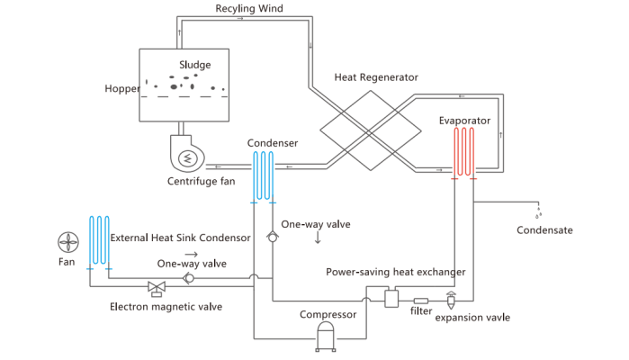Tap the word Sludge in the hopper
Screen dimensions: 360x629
[x=194, y=65]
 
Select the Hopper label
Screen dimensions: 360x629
[x=121, y=88]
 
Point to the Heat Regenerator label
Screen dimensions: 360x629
[x=375, y=77]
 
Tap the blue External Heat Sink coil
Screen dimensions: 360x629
[x=98, y=241]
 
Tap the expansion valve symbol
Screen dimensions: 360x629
[x=451, y=298]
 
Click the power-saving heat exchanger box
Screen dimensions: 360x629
[x=391, y=298]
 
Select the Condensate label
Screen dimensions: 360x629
[x=544, y=229]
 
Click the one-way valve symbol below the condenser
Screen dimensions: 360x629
[x=272, y=237]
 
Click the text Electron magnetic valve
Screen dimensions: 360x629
[x=166, y=307]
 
